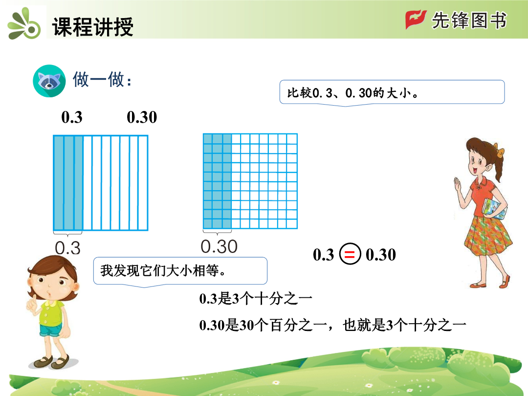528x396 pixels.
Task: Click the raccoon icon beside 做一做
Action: coord(49,81)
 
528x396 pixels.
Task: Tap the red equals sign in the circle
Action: coord(350,254)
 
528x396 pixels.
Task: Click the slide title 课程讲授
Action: coord(92,26)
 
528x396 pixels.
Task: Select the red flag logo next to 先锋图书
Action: coord(416,20)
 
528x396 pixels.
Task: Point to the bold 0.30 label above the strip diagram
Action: coord(142,117)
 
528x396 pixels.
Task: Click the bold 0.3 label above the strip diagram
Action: coord(72,117)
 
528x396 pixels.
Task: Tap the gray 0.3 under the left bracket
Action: coord(67,248)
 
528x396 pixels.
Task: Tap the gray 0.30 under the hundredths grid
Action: coord(219,246)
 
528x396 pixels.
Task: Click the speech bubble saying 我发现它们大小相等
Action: coord(180,271)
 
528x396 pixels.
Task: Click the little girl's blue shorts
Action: coord(51,330)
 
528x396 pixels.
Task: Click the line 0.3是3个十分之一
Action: coord(256,299)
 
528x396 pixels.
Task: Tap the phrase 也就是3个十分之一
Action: coord(404,325)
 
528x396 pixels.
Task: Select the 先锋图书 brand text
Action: coord(469,20)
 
